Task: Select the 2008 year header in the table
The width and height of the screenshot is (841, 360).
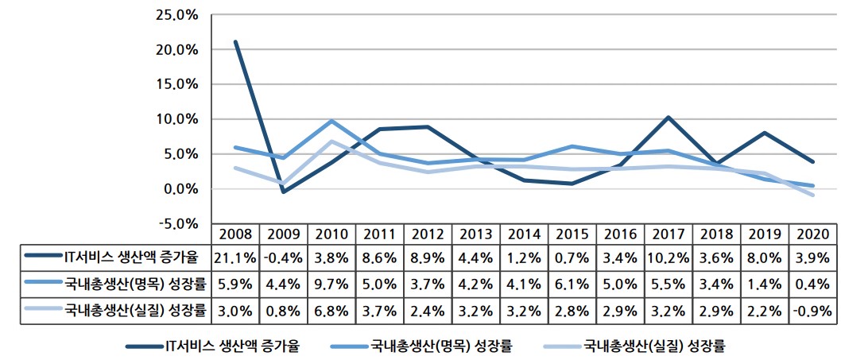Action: (x=234, y=235)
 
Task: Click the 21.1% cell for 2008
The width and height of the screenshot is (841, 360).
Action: (x=234, y=257)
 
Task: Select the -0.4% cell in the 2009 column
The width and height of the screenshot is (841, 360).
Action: (x=282, y=257)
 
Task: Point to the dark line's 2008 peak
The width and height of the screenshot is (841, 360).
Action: (x=235, y=42)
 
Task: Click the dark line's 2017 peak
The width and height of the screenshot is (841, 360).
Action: (x=668, y=118)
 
